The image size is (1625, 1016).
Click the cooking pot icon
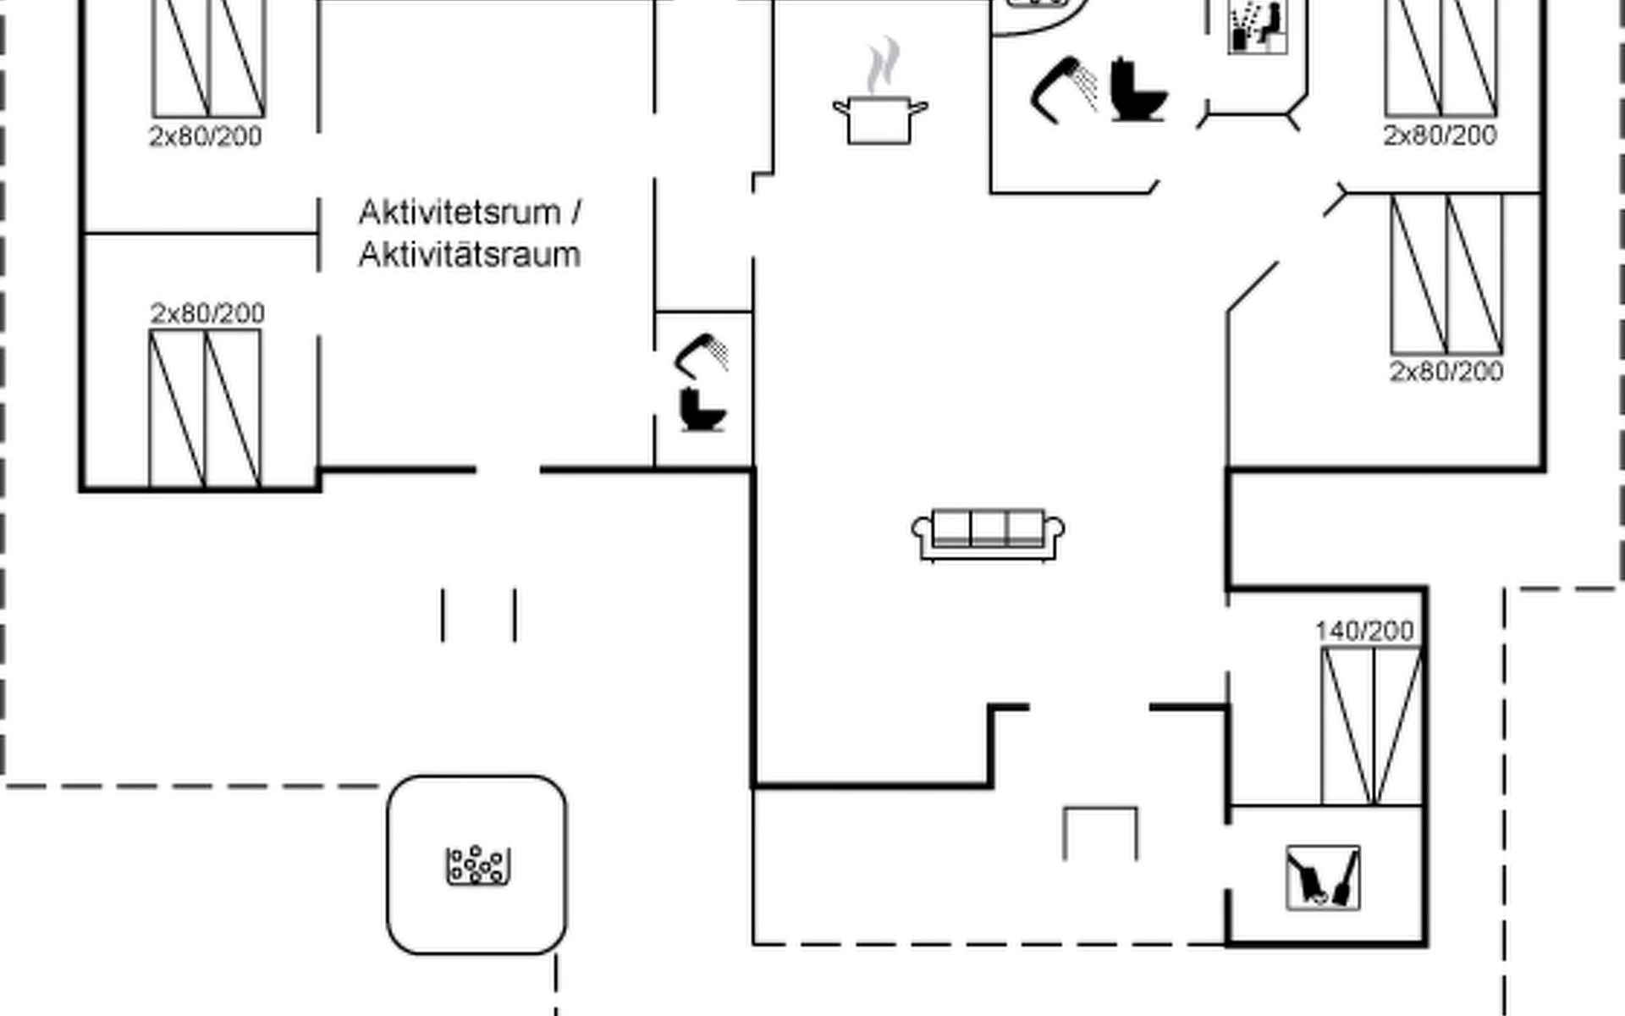880,119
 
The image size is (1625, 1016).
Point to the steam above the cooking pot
883,64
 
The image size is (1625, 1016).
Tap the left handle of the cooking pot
840,108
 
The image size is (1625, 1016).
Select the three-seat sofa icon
988,534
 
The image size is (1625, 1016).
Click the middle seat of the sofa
988,528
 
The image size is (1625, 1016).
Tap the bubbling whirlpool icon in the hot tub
478,865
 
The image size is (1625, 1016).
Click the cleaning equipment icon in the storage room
1323,878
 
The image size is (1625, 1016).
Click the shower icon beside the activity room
702,355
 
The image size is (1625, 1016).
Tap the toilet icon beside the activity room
702,410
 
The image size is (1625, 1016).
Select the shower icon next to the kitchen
1063,88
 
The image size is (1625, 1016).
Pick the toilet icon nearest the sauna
1137,90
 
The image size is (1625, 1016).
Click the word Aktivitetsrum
460,213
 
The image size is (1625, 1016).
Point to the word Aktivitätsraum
469,255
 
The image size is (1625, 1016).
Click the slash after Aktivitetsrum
576,213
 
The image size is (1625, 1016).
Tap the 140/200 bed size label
1364,631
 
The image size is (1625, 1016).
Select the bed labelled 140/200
1371,726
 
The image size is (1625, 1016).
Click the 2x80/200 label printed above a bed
207,313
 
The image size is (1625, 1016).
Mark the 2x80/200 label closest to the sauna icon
1440,135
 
